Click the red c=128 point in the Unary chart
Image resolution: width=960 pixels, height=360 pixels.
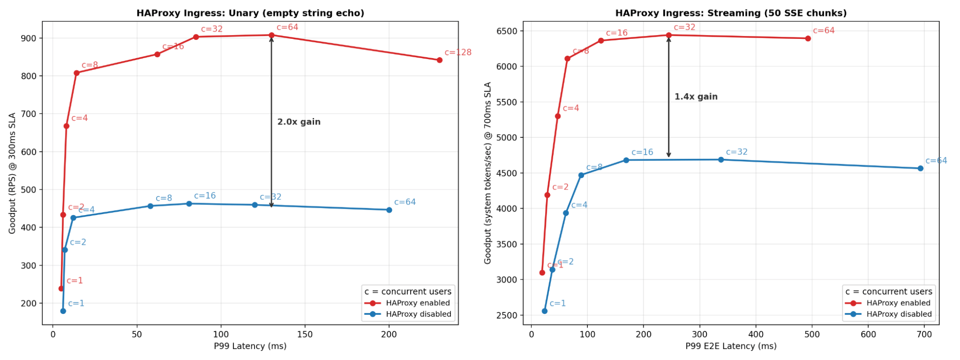point(439,60)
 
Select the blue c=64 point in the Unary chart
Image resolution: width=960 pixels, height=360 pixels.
point(389,210)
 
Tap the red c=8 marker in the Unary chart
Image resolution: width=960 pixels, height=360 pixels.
point(76,73)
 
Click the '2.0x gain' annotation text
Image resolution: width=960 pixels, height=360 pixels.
point(299,122)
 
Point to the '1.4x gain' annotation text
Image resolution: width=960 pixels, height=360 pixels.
point(696,96)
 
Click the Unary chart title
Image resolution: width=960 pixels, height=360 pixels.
point(250,13)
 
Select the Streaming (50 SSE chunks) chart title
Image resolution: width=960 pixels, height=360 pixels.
point(731,13)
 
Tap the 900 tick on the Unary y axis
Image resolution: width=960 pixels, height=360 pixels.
point(30,38)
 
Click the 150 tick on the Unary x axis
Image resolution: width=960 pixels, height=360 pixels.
point(305,334)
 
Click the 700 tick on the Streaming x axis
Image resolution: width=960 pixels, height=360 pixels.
point(924,334)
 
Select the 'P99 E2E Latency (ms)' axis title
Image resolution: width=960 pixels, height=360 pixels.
point(731,346)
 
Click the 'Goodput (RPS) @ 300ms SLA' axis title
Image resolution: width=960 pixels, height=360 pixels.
point(12,173)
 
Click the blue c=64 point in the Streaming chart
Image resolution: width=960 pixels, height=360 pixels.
point(920,168)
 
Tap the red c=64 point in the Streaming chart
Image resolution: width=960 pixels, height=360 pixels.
point(808,38)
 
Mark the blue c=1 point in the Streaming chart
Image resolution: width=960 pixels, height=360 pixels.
point(545,311)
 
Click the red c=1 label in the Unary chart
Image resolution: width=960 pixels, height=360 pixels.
point(74,281)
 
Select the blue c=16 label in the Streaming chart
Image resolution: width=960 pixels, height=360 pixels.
point(642,152)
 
